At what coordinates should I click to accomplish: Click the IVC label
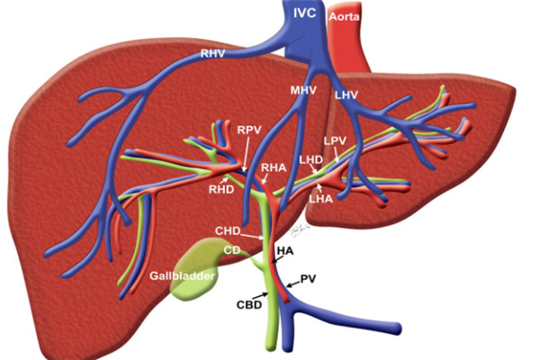(x=304, y=13)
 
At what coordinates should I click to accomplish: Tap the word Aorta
(x=344, y=16)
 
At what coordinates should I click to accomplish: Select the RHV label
(x=213, y=53)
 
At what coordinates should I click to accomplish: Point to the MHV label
(x=303, y=90)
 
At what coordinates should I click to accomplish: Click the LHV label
(x=346, y=95)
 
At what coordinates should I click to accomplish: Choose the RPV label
(x=249, y=130)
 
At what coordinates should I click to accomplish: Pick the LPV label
(x=335, y=140)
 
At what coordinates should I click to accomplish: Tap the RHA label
(x=274, y=167)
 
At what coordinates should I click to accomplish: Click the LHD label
(x=311, y=159)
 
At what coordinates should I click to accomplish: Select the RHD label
(x=221, y=189)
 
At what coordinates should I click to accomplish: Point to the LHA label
(x=321, y=199)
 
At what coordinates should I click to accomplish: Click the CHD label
(x=228, y=230)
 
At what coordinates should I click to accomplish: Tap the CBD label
(x=249, y=305)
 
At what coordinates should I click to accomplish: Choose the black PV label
(x=308, y=279)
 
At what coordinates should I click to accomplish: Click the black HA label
(x=285, y=251)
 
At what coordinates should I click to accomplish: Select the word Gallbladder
(x=182, y=275)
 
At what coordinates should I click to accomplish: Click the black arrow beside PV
(x=293, y=284)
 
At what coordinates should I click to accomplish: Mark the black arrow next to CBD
(x=260, y=295)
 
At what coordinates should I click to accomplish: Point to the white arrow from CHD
(x=252, y=236)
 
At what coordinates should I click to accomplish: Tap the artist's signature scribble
(x=299, y=230)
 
